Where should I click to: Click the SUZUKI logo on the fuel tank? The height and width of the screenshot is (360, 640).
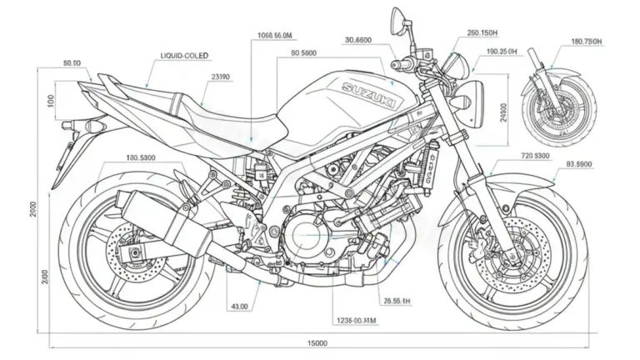click(367, 94)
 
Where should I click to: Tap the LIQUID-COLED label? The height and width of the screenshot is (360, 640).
click(185, 55)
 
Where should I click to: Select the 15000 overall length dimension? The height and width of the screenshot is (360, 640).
click(317, 343)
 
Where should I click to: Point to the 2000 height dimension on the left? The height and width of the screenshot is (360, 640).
click(34, 208)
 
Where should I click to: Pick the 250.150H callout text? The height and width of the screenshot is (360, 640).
click(483, 33)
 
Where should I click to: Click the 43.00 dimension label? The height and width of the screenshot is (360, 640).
click(238, 307)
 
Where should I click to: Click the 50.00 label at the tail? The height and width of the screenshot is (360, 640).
click(72, 62)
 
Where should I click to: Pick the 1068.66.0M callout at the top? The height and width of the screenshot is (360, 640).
click(274, 35)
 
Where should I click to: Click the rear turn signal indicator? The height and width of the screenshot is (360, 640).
click(92, 124)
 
